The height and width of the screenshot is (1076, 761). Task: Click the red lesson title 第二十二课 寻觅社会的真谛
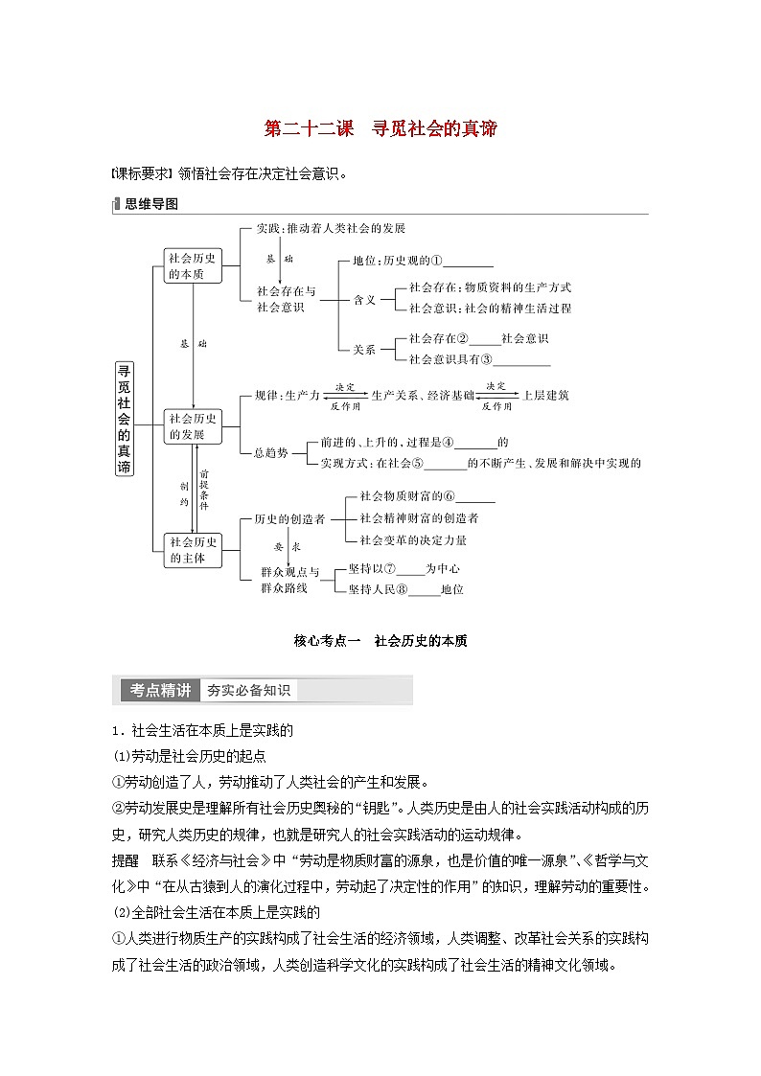380,128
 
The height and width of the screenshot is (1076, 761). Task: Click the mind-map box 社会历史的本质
193,265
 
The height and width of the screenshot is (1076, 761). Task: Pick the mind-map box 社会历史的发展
193,425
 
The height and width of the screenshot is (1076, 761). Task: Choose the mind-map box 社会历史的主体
193,548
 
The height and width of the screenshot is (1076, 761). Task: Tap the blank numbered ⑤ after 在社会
444,463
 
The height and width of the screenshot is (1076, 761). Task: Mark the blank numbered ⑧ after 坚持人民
425,589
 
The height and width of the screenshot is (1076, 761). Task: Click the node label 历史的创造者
289,518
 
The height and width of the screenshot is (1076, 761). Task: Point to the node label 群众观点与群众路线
290,580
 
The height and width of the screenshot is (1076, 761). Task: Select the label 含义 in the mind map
365,299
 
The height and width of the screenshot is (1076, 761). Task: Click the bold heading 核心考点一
326,641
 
